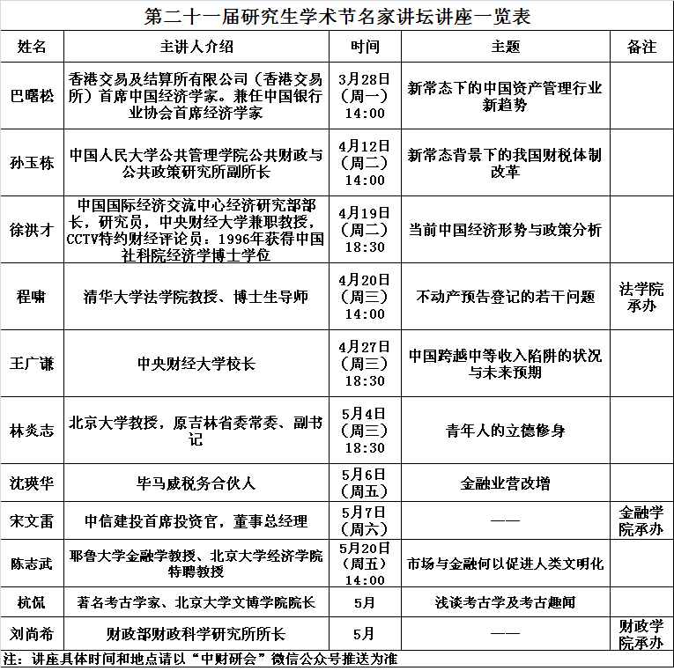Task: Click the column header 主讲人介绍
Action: (197, 47)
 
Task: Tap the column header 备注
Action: (641, 47)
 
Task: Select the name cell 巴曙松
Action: (32, 95)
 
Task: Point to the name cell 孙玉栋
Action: (32, 163)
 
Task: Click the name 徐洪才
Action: (32, 230)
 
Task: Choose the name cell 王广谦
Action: (32, 363)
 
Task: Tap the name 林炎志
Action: (32, 431)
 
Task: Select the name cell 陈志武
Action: (32, 564)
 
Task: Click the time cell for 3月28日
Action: (365, 95)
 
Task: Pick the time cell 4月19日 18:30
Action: (365, 230)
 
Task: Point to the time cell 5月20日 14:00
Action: (365, 564)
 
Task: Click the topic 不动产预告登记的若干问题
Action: (505, 297)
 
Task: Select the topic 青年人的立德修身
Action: (505, 431)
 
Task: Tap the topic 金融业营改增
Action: (505, 483)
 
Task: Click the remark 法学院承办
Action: (641, 297)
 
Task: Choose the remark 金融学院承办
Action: (641, 520)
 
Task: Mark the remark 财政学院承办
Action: (641, 634)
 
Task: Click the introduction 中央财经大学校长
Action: (197, 363)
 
